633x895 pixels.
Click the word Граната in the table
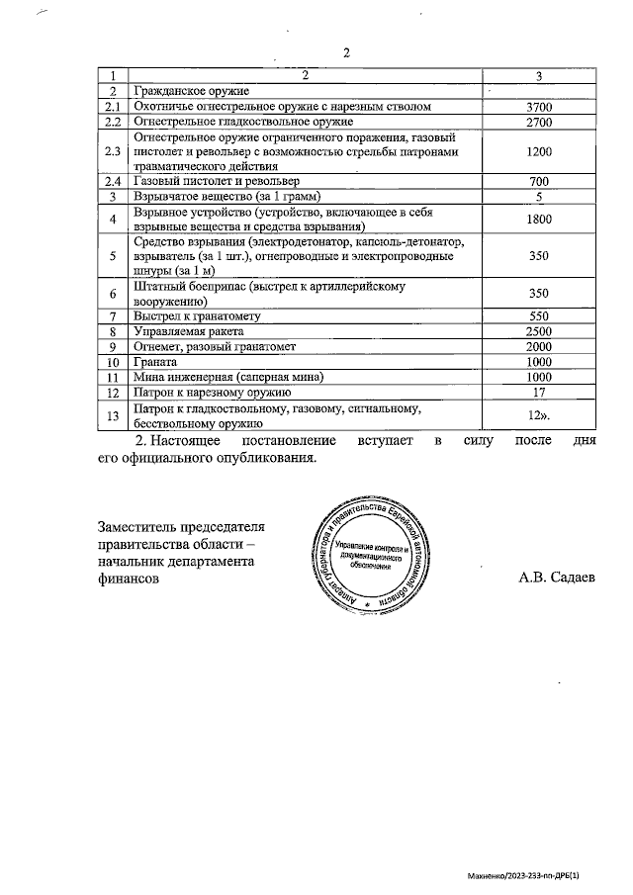tap(156, 362)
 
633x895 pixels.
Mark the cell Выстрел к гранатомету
tap(196, 316)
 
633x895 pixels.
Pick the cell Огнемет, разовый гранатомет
tap(214, 347)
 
